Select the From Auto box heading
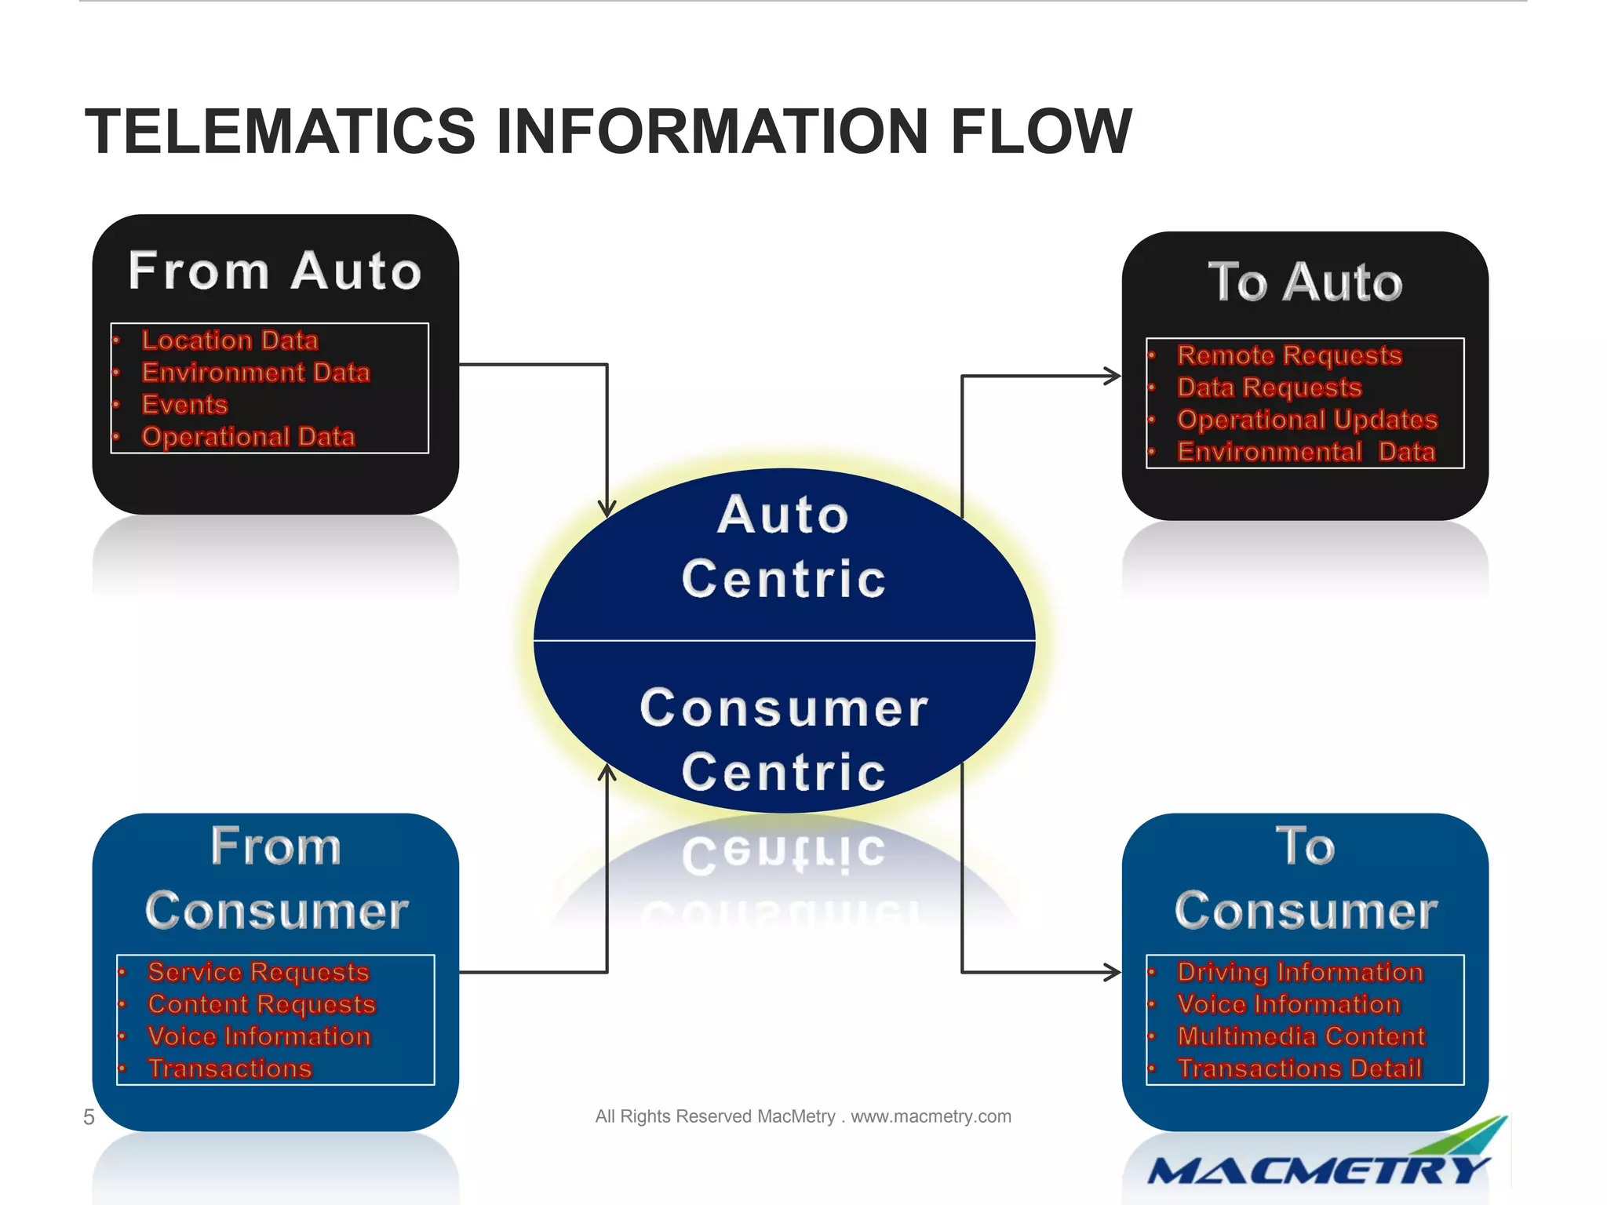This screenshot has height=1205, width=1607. click(275, 271)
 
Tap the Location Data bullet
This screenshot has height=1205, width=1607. click(229, 340)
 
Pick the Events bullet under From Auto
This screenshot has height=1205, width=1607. click(184, 405)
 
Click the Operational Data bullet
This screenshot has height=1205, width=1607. click(248, 437)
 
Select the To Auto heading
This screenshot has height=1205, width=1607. click(1305, 282)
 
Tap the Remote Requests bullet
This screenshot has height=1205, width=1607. click(1289, 355)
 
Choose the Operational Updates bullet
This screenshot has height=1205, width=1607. click(1307, 420)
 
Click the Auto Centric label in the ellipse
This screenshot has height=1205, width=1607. click(784, 547)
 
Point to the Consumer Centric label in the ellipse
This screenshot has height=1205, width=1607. click(784, 739)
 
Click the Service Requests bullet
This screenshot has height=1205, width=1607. click(258, 972)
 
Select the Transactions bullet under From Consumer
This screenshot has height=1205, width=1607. click(230, 1068)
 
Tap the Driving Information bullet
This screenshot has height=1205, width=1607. click(1300, 972)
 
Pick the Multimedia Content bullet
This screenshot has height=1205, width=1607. click(1301, 1036)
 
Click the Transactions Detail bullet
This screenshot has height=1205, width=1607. click(1299, 1068)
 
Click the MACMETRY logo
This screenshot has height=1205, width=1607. click(1318, 1169)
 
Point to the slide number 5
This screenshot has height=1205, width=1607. click(89, 1117)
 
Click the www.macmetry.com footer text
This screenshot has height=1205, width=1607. click(931, 1116)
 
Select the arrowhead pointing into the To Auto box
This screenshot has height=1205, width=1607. click(1113, 376)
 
